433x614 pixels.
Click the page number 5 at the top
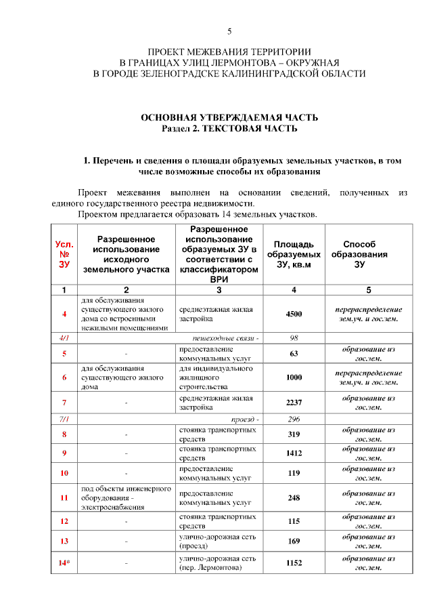point(229,32)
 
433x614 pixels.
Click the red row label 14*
point(64,562)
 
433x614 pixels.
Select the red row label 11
point(64,498)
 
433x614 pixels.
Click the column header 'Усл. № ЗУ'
point(64,254)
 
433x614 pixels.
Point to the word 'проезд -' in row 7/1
point(245,419)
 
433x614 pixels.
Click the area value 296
point(294,419)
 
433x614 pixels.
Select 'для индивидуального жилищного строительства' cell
point(217,377)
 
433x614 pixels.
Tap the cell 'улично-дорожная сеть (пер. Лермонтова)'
point(217,562)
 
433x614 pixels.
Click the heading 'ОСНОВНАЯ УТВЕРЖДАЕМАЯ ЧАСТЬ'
point(229,118)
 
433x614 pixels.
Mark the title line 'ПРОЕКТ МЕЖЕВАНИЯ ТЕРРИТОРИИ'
point(229,52)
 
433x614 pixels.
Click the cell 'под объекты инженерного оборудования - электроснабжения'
point(126,498)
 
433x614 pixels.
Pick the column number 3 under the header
point(218,290)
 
